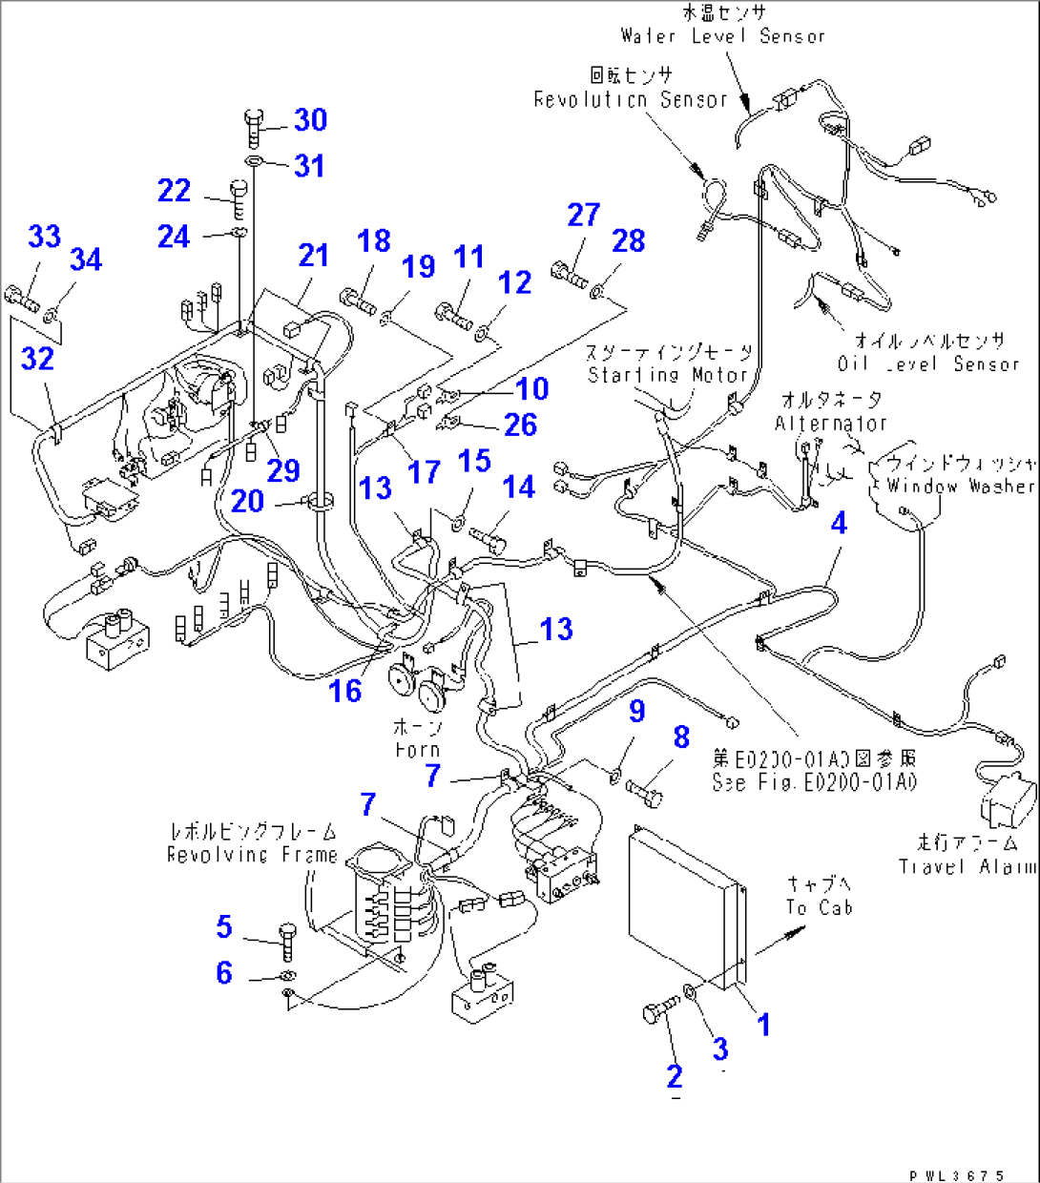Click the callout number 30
[x=311, y=120]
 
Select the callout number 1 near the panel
[x=763, y=1025]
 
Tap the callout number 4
[x=839, y=523]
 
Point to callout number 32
[x=37, y=359]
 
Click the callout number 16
[x=345, y=691]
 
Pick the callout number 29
[x=283, y=470]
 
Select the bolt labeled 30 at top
[x=253, y=127]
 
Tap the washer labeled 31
[x=254, y=163]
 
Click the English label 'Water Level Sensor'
[x=722, y=36]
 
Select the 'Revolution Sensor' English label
[x=630, y=99]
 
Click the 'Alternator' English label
[x=830, y=423]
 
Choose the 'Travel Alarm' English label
[x=966, y=866]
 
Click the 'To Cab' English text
[x=819, y=907]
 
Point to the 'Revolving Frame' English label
[x=252, y=855]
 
